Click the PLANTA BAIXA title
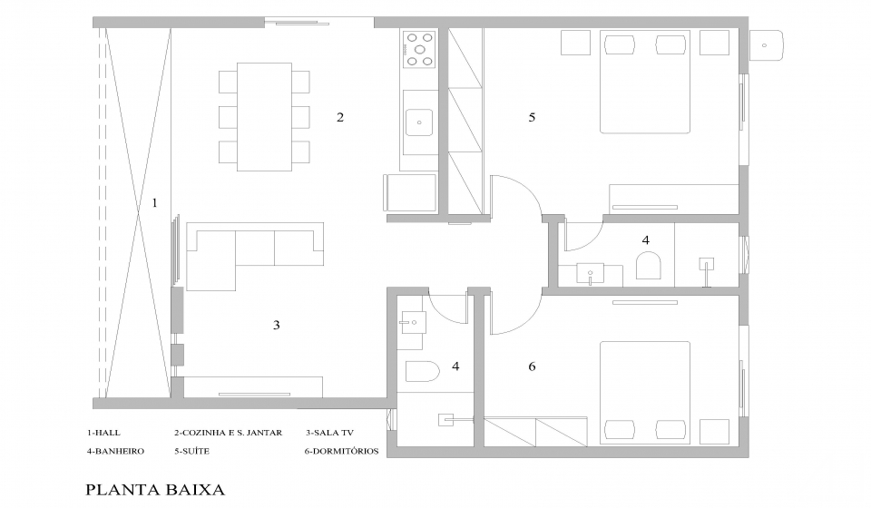155,490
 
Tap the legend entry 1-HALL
103,433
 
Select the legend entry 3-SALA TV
329,433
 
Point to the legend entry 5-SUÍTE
191,451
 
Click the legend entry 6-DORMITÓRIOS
342,451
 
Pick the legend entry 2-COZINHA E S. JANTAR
229,433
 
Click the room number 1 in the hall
154,203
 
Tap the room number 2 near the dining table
340,117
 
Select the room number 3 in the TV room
277,325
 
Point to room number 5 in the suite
532,117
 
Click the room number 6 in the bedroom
532,366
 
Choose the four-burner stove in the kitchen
419,49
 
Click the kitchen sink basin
419,122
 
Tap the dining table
264,117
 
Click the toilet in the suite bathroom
648,266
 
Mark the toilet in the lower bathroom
423,371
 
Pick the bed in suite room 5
645,82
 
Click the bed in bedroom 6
645,393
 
